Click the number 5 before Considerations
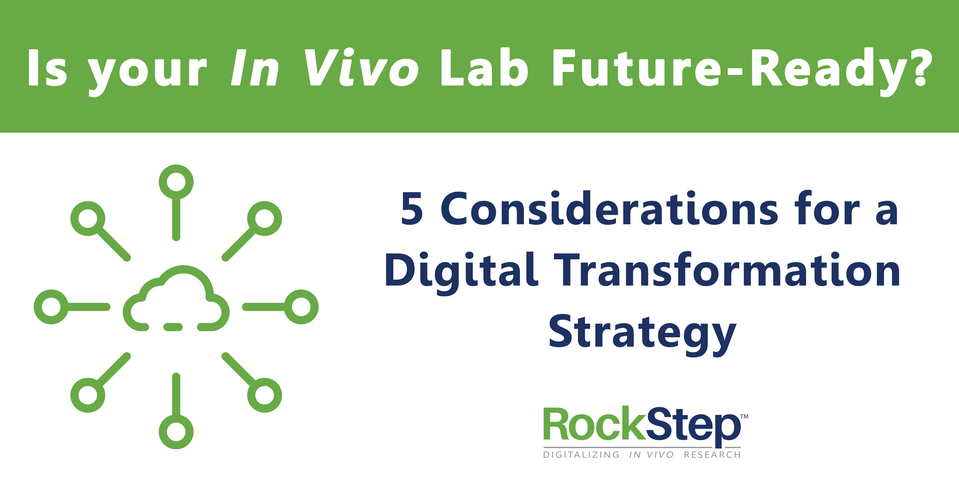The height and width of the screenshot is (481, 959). tap(412, 209)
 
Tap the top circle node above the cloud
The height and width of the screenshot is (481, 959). tap(176, 182)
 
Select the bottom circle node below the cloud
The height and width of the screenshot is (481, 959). tap(176, 432)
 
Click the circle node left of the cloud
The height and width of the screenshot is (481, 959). tap(51, 307)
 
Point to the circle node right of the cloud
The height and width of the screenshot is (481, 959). tap(301, 307)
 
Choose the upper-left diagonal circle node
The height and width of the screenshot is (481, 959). tap(88, 218)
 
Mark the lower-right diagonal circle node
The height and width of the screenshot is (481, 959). tap(265, 395)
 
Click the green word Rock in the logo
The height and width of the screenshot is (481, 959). tap(595, 424)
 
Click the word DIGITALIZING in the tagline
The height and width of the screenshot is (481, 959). tap(581, 455)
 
